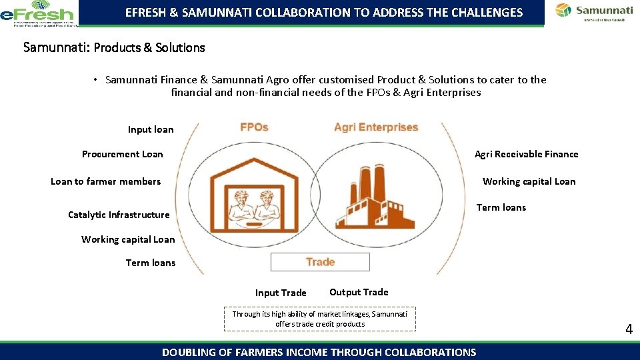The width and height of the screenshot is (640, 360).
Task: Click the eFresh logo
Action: coord(38,13)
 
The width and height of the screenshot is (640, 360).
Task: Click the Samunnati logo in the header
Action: coord(594,12)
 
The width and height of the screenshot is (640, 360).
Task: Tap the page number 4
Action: coord(629,329)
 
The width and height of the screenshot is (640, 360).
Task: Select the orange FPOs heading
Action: coord(254,127)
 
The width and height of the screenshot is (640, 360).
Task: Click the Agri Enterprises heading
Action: coord(376,127)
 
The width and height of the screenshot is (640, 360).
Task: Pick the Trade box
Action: coord(320,262)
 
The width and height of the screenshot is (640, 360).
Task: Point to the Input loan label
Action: coord(151,129)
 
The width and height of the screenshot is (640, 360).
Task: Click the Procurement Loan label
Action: coord(122,154)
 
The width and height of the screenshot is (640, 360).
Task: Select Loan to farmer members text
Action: coord(105,181)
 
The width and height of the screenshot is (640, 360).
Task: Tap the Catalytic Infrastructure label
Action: coord(119,215)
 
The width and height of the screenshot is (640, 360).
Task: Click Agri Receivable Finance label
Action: coord(526,154)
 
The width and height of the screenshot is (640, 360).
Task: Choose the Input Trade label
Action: coord(281,293)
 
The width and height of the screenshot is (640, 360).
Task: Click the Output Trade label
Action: coord(359,292)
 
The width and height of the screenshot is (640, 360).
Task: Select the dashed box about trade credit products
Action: coord(320,319)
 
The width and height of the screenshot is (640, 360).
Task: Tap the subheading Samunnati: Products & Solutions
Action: coord(114,47)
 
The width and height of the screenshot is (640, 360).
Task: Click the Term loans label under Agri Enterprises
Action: coord(501,207)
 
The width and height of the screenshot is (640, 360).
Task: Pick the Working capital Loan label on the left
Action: coord(128,239)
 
